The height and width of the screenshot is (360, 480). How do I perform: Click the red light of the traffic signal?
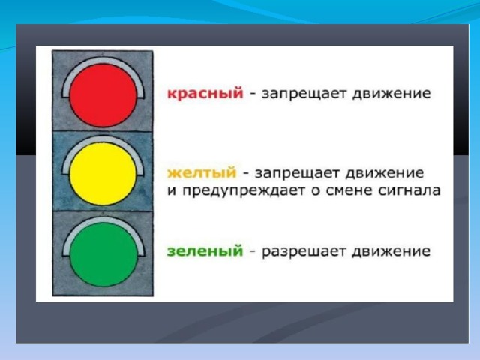point(103,95)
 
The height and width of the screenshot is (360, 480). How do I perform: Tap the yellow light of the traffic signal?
point(103,174)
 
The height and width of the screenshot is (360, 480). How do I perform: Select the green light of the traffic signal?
point(103,254)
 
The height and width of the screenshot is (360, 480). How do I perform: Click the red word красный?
point(205,93)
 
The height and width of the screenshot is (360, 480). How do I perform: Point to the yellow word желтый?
point(202,173)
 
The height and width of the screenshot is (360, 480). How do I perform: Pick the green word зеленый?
point(205,251)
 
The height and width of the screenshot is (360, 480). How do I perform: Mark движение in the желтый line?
point(384,173)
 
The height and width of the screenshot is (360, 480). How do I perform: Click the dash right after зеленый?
point(253,252)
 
